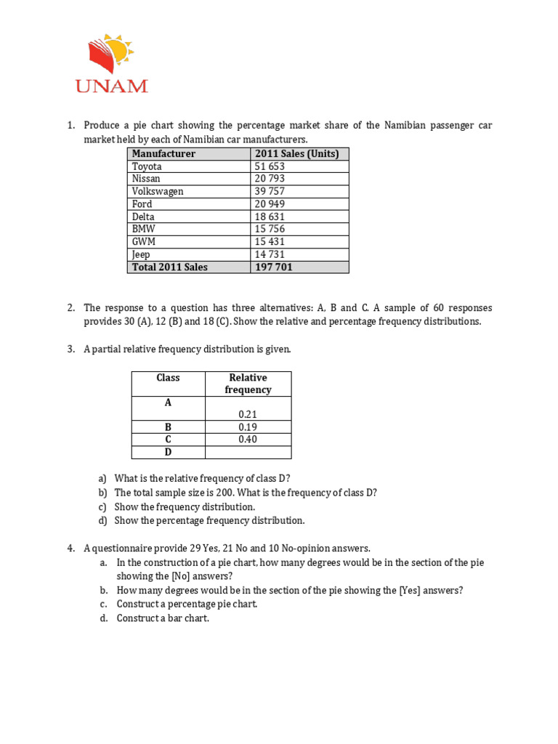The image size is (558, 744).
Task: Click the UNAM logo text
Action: tap(111, 85)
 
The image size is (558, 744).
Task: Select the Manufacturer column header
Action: tap(163, 153)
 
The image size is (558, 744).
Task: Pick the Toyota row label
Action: tap(147, 166)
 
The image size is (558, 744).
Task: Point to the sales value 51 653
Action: tap(270, 166)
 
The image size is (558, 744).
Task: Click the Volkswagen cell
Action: tap(158, 191)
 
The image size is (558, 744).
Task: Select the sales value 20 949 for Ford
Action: tap(270, 204)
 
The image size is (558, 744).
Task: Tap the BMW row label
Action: tap(144, 229)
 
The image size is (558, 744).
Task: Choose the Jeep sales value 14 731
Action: tap(270, 254)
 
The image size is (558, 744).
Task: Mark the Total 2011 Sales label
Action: tap(169, 267)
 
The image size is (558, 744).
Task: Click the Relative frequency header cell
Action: tap(248, 384)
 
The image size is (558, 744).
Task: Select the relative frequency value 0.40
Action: tap(248, 440)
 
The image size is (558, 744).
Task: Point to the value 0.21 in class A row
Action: tap(248, 414)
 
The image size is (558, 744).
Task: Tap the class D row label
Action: tap(168, 452)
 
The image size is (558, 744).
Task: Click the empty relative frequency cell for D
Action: tap(248, 452)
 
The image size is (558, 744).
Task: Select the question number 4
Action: tap(71, 548)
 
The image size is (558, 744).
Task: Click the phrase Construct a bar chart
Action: tap(163, 618)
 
